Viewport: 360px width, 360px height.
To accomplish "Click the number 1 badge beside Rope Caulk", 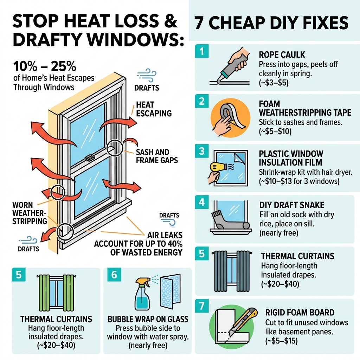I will click(x=201, y=52).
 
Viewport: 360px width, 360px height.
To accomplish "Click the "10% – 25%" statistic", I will click(x=45, y=66).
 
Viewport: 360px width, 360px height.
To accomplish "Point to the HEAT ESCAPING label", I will click(x=154, y=109).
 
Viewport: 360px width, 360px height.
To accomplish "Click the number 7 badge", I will click(x=201, y=306).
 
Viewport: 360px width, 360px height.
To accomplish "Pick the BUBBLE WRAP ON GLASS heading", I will click(x=148, y=319).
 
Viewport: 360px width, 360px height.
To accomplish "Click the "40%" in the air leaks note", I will click(x=174, y=243).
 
